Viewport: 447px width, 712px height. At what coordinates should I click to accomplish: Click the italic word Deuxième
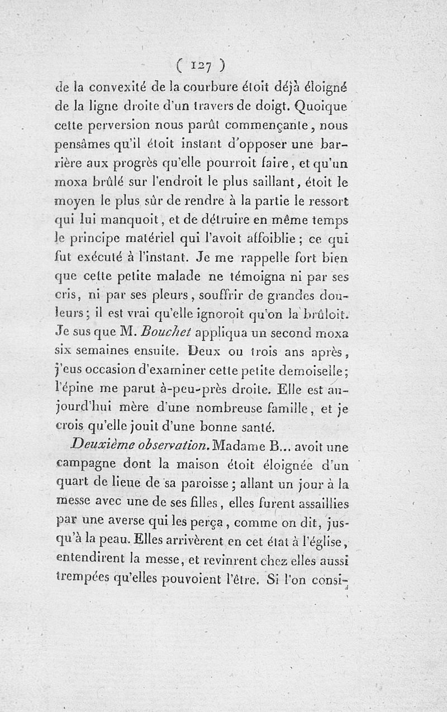tap(104, 445)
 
